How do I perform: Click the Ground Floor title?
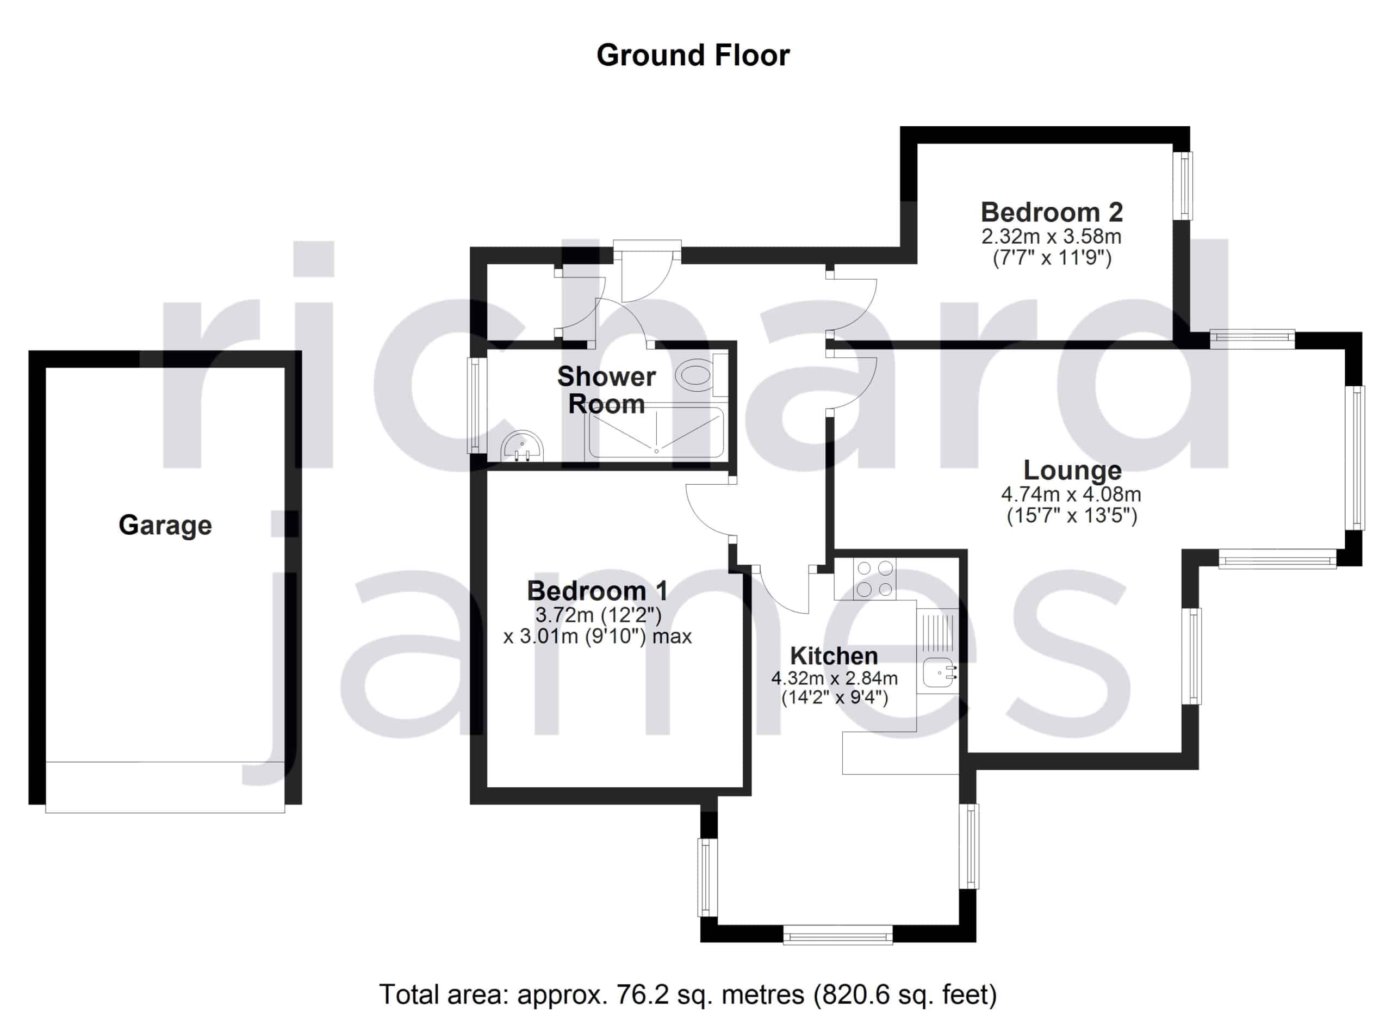[x=693, y=56]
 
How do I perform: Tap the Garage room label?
[x=165, y=526]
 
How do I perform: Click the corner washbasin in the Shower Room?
[x=523, y=445]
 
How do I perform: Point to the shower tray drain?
[x=656, y=451]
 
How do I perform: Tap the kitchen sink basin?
[x=939, y=672]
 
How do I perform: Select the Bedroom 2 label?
[x=1052, y=212]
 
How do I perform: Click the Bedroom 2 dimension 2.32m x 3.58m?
[x=1052, y=236]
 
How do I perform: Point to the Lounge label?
[x=1072, y=470]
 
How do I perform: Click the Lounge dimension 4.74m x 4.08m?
[x=1071, y=493]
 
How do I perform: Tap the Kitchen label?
[x=834, y=656]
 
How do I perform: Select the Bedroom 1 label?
[x=597, y=591]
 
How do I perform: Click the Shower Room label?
[x=606, y=390]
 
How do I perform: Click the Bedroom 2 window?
[x=1183, y=186]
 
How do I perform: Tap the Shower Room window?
[x=477, y=405]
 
